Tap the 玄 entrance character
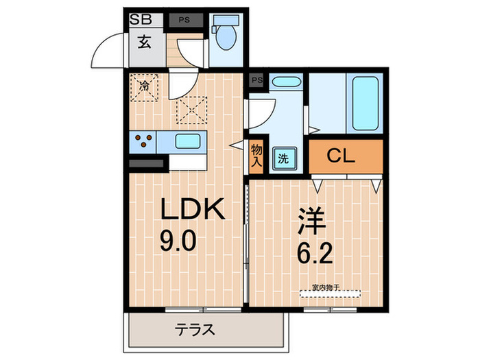tap(145, 43)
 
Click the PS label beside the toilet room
tap(185, 21)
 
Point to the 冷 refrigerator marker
tap(145, 86)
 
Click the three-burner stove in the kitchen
tap(144, 141)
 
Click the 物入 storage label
tap(256, 156)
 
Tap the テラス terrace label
tap(195, 331)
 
